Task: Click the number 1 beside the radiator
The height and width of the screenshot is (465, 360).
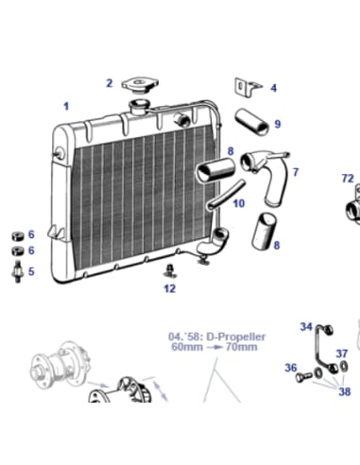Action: click(66, 107)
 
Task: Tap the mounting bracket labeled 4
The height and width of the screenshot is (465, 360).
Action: click(248, 88)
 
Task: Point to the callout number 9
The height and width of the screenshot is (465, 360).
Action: click(277, 124)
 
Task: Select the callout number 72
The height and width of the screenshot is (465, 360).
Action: click(347, 178)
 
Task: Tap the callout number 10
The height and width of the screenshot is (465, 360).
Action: click(239, 203)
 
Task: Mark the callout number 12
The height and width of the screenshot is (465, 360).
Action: click(169, 288)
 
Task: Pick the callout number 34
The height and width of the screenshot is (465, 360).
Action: click(306, 327)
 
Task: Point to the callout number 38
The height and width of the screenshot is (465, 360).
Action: click(345, 390)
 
